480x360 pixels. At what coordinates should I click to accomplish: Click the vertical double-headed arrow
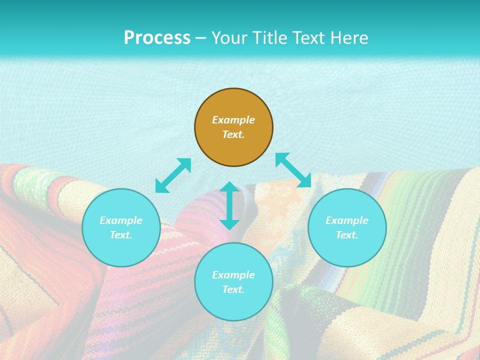pos(229,205)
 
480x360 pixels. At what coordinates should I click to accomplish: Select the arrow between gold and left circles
pos(173,175)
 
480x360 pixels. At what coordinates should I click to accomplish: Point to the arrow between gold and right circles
pos(293,170)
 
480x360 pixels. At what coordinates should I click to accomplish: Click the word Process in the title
pos(157,38)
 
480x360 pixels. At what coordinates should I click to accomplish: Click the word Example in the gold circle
pos(233,120)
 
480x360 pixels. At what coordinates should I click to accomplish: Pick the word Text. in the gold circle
pos(233,134)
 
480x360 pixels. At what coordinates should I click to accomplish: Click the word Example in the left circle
pos(121,220)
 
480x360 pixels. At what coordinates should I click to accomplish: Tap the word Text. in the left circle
pos(121,235)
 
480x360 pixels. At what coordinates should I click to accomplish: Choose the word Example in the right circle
pos(347,220)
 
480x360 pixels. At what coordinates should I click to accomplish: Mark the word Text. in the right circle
pos(347,235)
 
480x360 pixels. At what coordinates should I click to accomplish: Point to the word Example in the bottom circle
pos(233,275)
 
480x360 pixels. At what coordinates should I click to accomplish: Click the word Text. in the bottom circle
pos(233,289)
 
